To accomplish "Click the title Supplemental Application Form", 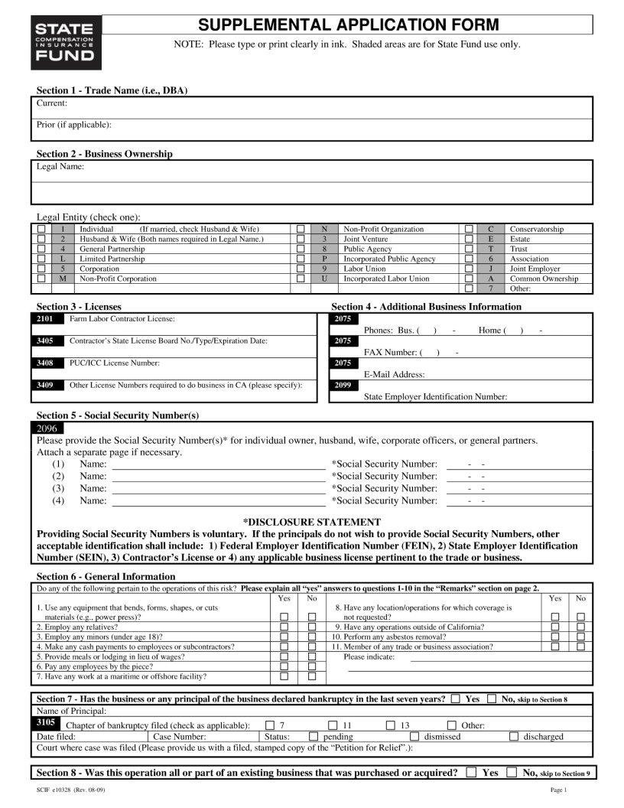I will [348, 25].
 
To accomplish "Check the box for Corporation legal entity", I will [41, 269].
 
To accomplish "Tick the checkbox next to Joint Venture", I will [301, 239].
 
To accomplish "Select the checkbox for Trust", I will [469, 249].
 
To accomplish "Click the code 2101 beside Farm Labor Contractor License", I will [46, 319].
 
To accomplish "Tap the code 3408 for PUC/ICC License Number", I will [46, 363].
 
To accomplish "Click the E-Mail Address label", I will [394, 375].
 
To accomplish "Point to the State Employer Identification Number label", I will [435, 397].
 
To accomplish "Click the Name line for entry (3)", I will [218, 488].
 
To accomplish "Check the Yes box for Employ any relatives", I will [284, 627].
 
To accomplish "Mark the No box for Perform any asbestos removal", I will [580, 637].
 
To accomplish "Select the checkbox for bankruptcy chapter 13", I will [390, 725].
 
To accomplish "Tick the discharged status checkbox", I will [513, 736].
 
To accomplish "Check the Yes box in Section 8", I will [470, 773].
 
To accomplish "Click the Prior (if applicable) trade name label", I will [74, 125].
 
